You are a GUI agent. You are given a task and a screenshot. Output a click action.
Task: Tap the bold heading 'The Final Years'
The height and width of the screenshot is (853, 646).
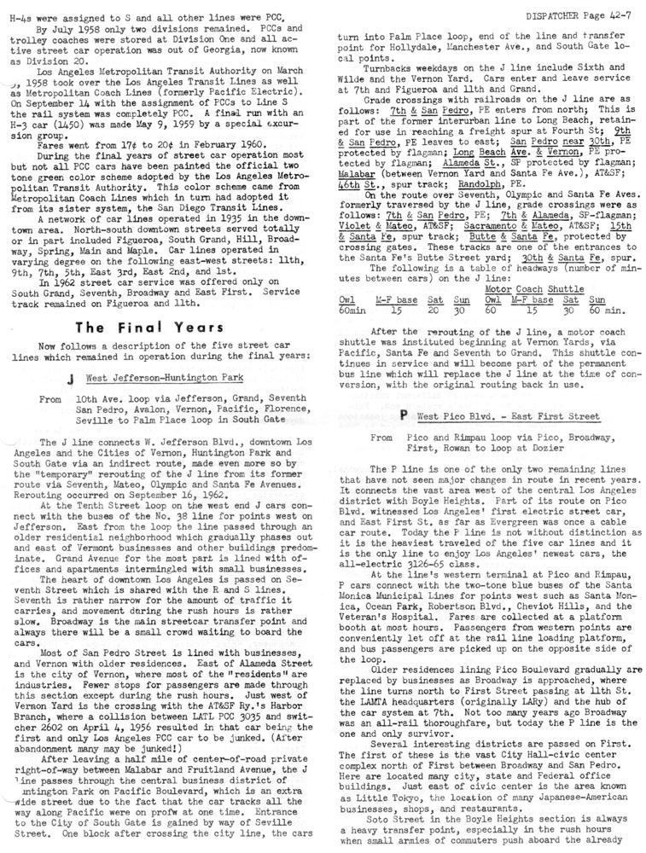(149, 328)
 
